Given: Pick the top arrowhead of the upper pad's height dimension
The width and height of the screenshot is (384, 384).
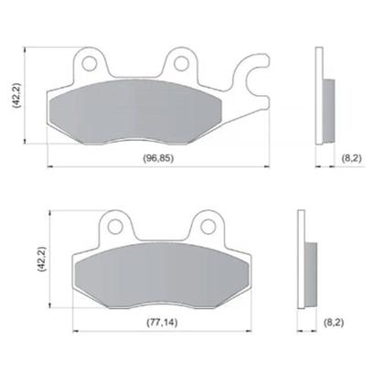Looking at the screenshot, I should coord(27,48).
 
